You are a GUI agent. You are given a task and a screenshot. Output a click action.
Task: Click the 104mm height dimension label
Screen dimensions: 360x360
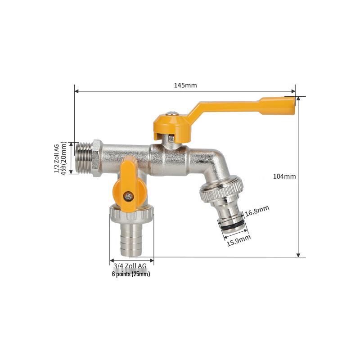pyautogui.click(x=284, y=176)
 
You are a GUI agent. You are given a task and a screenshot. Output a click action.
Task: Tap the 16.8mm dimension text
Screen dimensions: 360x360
pyautogui.click(x=257, y=210)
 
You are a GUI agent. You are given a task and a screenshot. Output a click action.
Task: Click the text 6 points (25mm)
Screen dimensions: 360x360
pyautogui.click(x=131, y=274)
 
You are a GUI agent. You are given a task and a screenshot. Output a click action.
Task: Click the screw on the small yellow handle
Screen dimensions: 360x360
pyautogui.click(x=129, y=196)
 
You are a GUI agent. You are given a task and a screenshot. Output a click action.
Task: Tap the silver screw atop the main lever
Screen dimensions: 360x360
pyautogui.click(x=171, y=114)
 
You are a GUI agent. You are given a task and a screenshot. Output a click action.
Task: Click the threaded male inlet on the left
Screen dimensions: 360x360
pyautogui.click(x=84, y=158)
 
